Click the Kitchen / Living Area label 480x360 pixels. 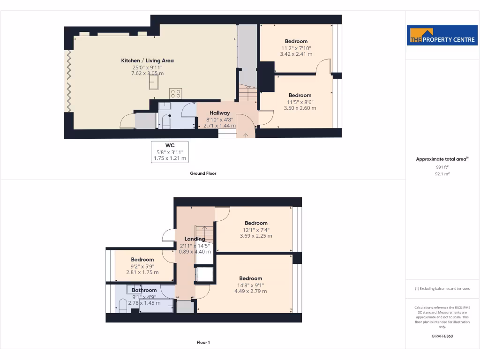click(147, 60)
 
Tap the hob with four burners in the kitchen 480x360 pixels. click(176, 93)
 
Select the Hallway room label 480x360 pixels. click(219, 113)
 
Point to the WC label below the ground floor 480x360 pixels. click(170, 145)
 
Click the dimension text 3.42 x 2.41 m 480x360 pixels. click(296, 54)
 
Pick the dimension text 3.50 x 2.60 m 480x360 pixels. click(300, 108)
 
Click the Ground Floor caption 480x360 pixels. click(203, 173)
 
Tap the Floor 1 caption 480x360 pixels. click(203, 342)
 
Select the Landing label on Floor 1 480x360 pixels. click(195, 239)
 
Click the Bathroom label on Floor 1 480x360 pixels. click(144, 290)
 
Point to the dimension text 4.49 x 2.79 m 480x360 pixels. click(250, 291)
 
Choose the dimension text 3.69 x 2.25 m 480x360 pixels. click(256, 236)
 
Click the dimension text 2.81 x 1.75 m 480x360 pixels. click(142, 272)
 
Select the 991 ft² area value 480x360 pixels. click(442, 166)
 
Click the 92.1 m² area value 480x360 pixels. click(442, 173)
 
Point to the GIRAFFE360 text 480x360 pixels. click(442, 336)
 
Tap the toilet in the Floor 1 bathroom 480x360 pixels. click(122, 306)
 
